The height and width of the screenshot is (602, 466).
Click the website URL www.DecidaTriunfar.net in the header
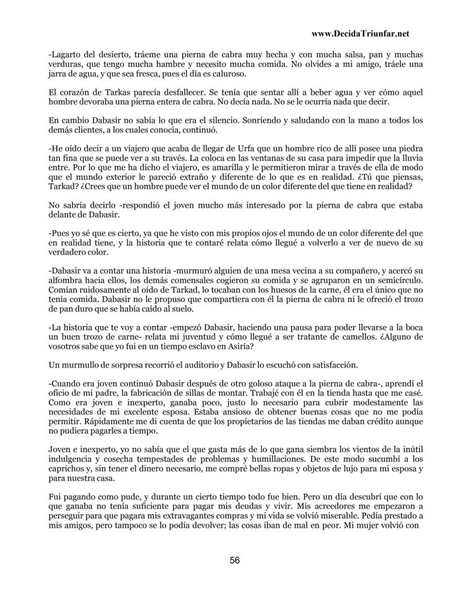pos(360,34)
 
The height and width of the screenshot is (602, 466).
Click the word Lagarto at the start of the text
pos(66,55)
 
